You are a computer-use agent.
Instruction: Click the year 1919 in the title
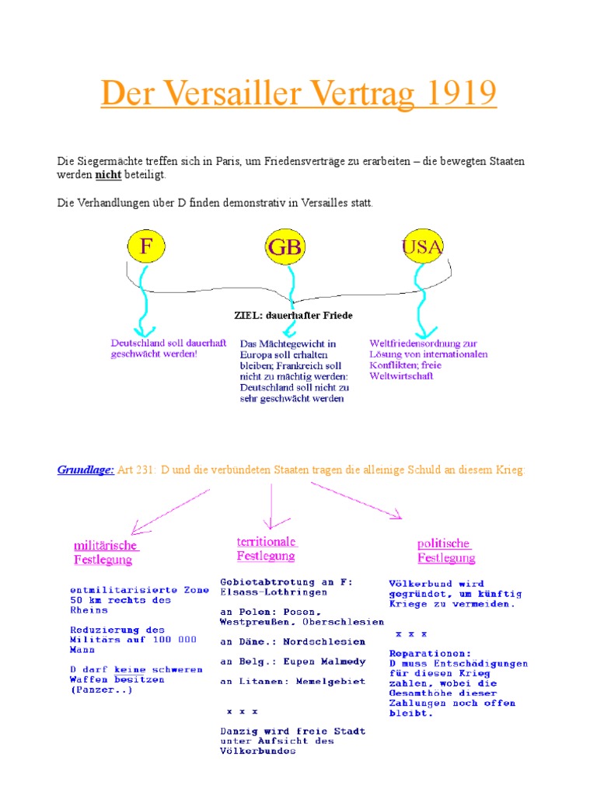(454, 94)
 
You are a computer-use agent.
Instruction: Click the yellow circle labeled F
(145, 246)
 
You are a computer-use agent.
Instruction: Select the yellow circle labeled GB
(285, 247)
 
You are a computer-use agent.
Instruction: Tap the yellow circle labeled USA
(422, 247)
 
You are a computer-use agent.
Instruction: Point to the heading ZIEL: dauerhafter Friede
(293, 316)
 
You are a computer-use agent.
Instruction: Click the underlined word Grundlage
(86, 470)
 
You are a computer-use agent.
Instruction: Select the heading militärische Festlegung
(105, 552)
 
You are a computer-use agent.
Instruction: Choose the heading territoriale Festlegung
(267, 548)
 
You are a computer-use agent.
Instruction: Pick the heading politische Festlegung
(445, 550)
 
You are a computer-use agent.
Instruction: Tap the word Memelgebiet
(325, 682)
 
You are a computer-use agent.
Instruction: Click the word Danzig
(239, 731)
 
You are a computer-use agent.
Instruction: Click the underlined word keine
(131, 669)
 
